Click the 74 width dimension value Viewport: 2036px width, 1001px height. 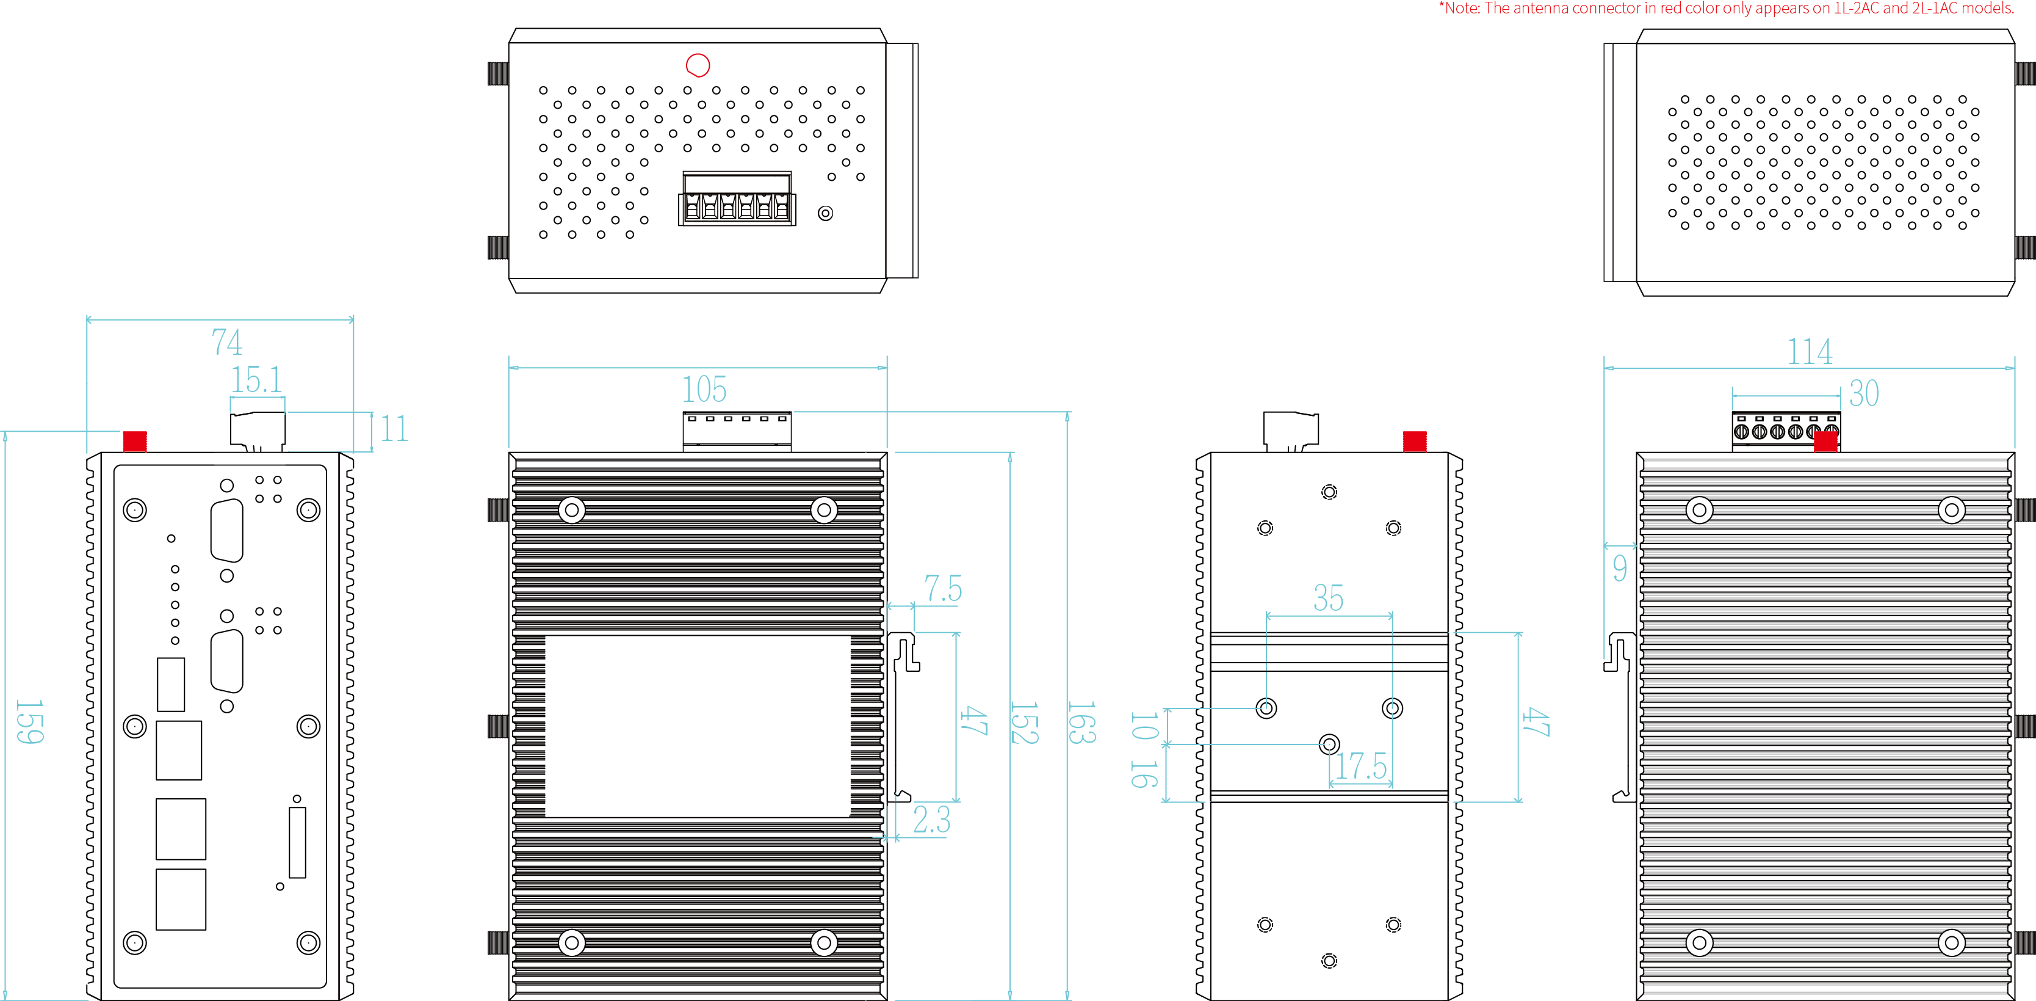(227, 343)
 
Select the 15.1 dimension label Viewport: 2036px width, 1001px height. (256, 380)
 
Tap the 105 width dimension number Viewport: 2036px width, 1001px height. (704, 390)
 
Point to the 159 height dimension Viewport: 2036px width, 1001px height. (30, 721)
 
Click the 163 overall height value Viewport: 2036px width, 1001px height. (1081, 723)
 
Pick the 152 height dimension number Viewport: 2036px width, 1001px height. (1023, 723)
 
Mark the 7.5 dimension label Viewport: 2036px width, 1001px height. (943, 589)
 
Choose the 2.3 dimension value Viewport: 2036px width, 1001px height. (931, 820)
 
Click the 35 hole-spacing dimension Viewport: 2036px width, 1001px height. (1328, 599)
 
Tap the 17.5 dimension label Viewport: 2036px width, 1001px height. (1361, 766)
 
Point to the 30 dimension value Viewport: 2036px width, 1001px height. (1864, 394)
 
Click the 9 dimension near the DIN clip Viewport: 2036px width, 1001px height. (1620, 568)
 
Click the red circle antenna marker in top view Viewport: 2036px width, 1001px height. (698, 65)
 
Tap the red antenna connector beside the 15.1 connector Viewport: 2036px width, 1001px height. (135, 441)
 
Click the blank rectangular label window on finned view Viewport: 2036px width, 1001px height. (697, 726)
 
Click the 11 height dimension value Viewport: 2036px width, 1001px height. (394, 429)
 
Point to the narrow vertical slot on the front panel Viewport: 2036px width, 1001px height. (297, 842)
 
